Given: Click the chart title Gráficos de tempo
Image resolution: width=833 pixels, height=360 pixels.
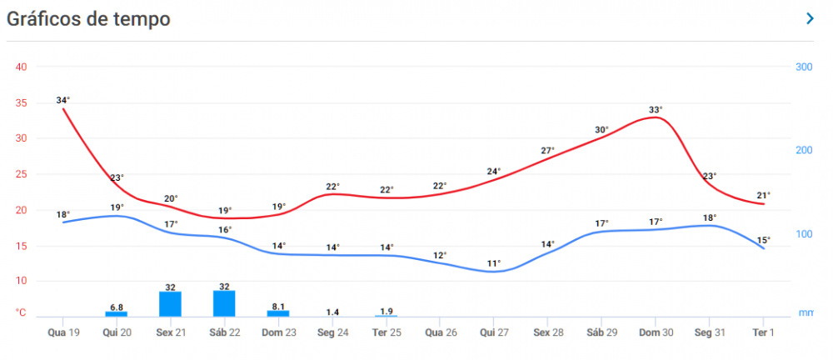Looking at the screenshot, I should point(89,19).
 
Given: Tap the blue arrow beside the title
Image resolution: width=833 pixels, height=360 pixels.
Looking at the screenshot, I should point(810,19).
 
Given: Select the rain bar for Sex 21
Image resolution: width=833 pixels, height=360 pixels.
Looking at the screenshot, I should point(171,304).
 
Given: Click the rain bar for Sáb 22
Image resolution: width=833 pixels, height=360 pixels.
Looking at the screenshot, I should point(225,303).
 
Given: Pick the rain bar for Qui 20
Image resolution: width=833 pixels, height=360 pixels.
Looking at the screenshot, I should point(117,313).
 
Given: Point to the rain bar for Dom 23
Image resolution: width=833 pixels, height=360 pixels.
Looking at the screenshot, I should point(279,313).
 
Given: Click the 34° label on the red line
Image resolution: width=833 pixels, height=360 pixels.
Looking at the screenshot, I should point(63,100).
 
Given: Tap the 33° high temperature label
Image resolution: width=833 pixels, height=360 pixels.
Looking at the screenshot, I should point(656,109).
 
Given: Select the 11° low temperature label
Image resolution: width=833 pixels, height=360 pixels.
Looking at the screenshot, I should point(494,263).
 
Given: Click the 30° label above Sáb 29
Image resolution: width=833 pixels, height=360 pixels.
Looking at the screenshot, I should point(601,129).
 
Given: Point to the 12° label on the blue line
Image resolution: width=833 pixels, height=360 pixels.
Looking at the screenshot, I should point(440,254).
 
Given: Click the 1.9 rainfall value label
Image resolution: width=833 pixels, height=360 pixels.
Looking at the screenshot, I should point(387,311).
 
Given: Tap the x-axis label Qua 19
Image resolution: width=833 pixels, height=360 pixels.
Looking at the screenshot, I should point(63,332).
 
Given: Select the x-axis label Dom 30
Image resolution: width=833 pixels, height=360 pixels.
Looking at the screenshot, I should point(656,332).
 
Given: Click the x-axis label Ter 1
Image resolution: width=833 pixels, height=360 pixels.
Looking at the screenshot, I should point(764,332).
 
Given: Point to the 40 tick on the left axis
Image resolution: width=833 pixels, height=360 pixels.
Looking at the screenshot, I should point(22,67).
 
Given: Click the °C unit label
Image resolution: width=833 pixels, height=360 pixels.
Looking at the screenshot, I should point(21,312).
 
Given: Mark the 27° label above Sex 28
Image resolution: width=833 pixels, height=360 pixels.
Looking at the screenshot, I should point(547,151).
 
